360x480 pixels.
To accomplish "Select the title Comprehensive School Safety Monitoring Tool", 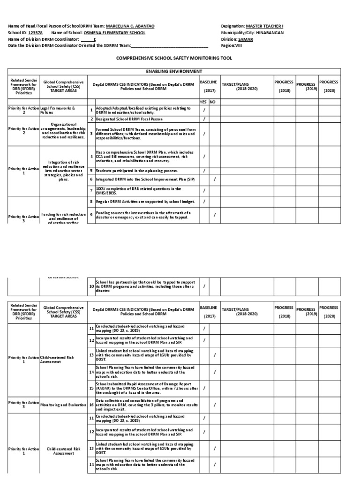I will pyautogui.click(x=174, y=58).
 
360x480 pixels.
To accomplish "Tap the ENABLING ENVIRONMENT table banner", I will pyautogui.click(x=173, y=71).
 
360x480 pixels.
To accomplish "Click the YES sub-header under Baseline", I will pyautogui.click(x=203, y=102).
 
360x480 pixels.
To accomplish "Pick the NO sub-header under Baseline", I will pyautogui.click(x=213, y=102).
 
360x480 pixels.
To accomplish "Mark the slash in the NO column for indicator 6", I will pyautogui.click(x=214, y=179).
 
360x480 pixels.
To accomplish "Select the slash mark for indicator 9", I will pyautogui.click(x=214, y=215).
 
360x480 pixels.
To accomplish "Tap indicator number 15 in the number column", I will pyautogui.click(x=91, y=388).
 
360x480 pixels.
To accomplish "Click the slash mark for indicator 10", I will pyautogui.click(x=204, y=286).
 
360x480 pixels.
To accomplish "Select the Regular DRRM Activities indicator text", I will pyautogui.click(x=144, y=202).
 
